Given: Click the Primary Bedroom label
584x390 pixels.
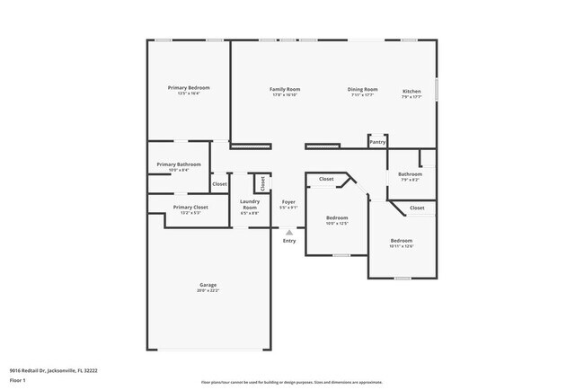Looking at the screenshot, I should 189,87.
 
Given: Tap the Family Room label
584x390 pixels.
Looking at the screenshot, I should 285,89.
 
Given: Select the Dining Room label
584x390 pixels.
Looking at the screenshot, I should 363,89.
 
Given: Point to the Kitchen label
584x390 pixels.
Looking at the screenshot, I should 411,90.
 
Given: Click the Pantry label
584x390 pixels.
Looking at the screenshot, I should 378,141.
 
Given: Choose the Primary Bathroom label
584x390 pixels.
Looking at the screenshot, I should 178,164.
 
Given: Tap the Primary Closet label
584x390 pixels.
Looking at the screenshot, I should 190,207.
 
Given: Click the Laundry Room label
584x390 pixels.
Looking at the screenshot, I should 250,204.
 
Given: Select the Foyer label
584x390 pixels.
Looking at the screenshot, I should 288,202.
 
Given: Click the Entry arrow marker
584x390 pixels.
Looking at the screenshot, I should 288,232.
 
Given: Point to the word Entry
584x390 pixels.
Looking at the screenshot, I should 288,240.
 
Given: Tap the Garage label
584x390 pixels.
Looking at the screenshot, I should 208,286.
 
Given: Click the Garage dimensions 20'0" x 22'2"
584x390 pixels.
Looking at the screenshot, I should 208,291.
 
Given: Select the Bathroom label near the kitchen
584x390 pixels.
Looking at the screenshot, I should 410,173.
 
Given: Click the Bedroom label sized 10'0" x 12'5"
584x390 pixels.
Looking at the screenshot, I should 337,217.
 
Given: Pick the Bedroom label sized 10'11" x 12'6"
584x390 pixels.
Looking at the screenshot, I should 402,241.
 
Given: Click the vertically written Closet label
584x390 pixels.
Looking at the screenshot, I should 262,182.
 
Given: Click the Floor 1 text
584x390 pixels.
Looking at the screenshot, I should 18,380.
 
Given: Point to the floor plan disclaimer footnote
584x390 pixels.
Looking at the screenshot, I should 291,381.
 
